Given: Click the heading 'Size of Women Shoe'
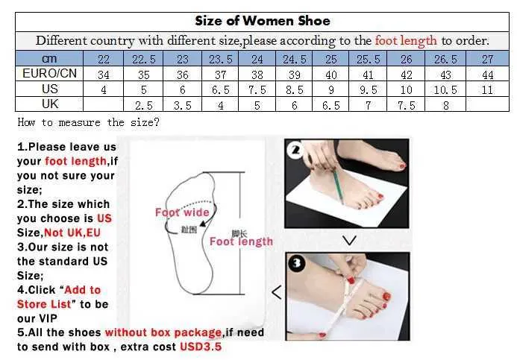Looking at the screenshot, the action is click(x=263, y=21).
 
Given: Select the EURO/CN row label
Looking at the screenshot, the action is click(x=49, y=73).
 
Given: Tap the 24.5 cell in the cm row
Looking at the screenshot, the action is click(x=294, y=60).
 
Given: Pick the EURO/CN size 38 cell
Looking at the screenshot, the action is click(x=257, y=75).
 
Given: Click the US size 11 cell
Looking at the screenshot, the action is click(x=487, y=90).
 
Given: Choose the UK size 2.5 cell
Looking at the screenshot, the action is click(x=144, y=105).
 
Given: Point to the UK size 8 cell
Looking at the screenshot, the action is click(x=445, y=105).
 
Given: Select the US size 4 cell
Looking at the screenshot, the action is click(x=104, y=90).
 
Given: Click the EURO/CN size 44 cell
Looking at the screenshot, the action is click(x=487, y=75).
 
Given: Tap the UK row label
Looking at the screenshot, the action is click(x=50, y=104).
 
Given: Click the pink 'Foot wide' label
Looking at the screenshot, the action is click(x=182, y=212).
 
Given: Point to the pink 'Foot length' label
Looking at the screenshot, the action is click(x=242, y=241).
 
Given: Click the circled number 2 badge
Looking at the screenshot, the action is click(x=295, y=151).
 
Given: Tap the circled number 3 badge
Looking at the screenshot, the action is click(x=296, y=263).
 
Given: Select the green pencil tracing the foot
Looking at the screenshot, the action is click(x=338, y=186).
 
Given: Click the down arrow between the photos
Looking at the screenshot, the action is click(x=349, y=241).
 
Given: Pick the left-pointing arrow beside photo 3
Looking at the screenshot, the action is click(x=276, y=292).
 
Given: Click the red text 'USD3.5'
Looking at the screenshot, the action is click(x=201, y=347).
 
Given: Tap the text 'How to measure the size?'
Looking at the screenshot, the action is click(x=88, y=122).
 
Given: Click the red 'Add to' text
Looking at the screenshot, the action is click(x=82, y=290).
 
